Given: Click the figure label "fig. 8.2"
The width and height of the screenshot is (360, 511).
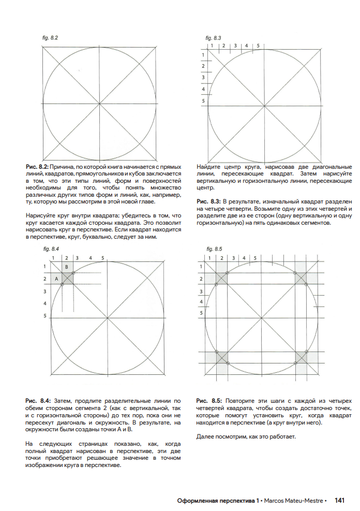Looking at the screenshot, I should (50, 38).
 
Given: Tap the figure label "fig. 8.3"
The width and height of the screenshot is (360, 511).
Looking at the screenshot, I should (213, 38).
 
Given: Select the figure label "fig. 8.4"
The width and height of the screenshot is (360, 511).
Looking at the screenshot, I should (51, 249).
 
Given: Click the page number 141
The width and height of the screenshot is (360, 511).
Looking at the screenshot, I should (339, 501).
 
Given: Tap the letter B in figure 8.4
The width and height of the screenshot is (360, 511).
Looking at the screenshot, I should (66, 266).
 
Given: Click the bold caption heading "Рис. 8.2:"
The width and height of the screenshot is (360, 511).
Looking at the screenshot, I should (37, 167).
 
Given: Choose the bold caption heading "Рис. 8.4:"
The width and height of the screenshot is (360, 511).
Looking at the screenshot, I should (37, 401).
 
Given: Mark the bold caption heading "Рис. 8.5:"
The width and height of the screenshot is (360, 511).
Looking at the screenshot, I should (209, 401).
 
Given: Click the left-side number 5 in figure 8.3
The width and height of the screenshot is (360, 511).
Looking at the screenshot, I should (203, 101).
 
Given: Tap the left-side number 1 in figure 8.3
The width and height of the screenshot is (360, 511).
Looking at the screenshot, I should (203, 55).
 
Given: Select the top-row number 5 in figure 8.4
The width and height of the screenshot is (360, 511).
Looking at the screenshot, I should (102, 257).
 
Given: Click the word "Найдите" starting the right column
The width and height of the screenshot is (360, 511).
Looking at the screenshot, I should (208, 167).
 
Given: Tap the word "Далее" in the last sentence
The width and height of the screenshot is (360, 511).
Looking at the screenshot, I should (205, 437).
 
